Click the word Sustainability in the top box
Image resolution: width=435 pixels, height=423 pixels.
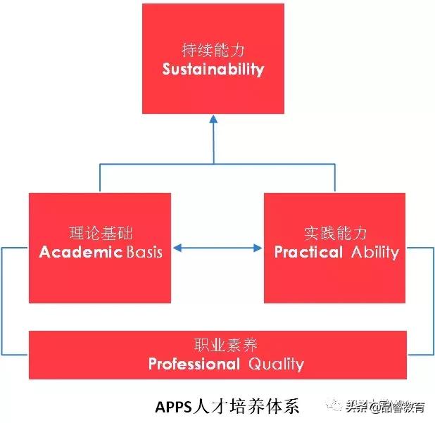pyautogui.click(x=213, y=69)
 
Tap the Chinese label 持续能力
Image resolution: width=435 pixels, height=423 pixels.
pyautogui.click(x=213, y=51)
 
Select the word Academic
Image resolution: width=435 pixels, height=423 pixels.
pyautogui.click(x=81, y=252)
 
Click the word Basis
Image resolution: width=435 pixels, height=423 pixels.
pyautogui.click(x=144, y=252)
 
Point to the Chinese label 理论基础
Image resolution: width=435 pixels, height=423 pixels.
pyautogui.click(x=99, y=233)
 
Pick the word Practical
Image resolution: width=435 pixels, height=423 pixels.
pyautogui.click(x=309, y=252)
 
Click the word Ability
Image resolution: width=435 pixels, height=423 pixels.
pyautogui.click(x=374, y=252)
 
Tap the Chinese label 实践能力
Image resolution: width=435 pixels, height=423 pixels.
pyautogui.click(x=335, y=233)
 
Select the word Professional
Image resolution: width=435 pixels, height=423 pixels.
pyautogui.click(x=194, y=364)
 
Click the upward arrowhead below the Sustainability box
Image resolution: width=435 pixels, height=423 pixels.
pyautogui.click(x=213, y=120)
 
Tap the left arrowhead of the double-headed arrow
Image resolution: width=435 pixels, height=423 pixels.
pyautogui.click(x=177, y=248)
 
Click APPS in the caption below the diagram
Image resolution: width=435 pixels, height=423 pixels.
pyautogui.click(x=173, y=407)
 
